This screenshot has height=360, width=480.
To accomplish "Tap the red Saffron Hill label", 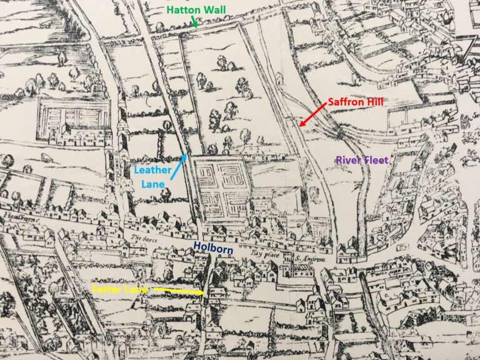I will pyautogui.click(x=357, y=101).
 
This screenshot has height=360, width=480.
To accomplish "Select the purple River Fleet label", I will pyautogui.click(x=362, y=160).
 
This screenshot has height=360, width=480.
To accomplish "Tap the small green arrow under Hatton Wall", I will pyautogui.click(x=195, y=22).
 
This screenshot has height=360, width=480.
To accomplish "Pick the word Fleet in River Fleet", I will pyautogui.click(x=376, y=160).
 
